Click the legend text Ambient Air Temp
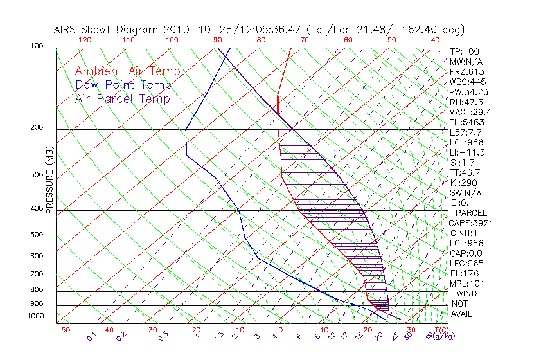click(127, 71)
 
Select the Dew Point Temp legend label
click(123, 85)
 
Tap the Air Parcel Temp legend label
click(122, 98)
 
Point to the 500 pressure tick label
click(36, 235)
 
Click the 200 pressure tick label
click(36, 128)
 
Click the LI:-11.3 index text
click(468, 152)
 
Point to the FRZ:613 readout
click(466, 71)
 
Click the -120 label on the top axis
click(82, 40)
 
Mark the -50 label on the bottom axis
click(62, 330)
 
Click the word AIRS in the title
click(67, 30)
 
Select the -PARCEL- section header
click(471, 213)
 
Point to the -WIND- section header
click(466, 294)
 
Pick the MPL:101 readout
click(466, 283)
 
